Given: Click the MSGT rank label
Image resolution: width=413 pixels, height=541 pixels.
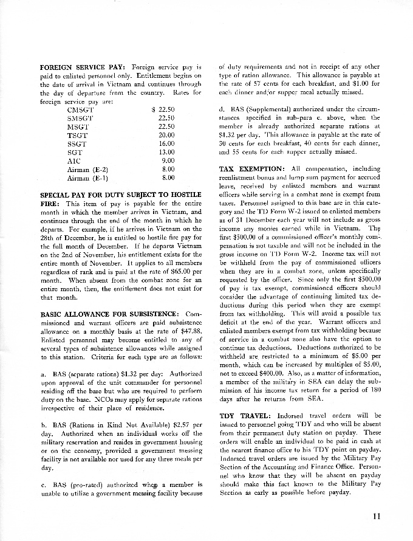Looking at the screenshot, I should [x=78, y=126].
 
